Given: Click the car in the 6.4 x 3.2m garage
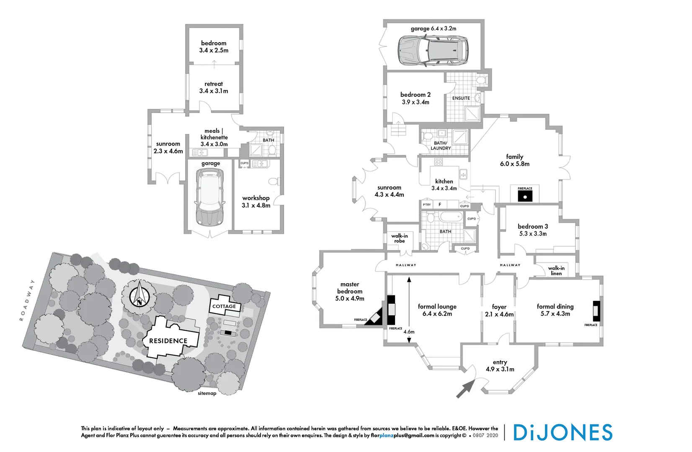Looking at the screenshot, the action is pyautogui.click(x=433, y=50).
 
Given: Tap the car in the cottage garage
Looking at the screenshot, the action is pyautogui.click(x=209, y=197).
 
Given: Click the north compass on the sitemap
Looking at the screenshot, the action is pyautogui.click(x=139, y=294).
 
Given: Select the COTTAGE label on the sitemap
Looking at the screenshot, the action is pyautogui.click(x=224, y=306).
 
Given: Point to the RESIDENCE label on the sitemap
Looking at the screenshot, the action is pyautogui.click(x=168, y=341).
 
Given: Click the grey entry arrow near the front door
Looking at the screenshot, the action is pyautogui.click(x=465, y=389).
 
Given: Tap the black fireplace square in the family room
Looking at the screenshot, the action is pyautogui.click(x=525, y=196).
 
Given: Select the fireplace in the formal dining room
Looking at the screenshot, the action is pyautogui.click(x=596, y=311).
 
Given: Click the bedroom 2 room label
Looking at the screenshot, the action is pyautogui.click(x=416, y=98).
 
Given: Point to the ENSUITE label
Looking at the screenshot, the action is pyautogui.click(x=461, y=98).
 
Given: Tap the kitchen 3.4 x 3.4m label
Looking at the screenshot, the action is pyautogui.click(x=444, y=185).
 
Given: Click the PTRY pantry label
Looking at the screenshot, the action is pyautogui.click(x=426, y=205).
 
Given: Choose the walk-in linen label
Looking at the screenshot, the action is pyautogui.click(x=556, y=271).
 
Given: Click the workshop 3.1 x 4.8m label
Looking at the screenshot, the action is pyautogui.click(x=256, y=202).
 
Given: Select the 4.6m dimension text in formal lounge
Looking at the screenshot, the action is pyautogui.click(x=409, y=332).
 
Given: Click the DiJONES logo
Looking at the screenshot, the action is pyautogui.click(x=563, y=432).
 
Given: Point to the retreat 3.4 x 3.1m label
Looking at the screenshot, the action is pyautogui.click(x=214, y=87).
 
